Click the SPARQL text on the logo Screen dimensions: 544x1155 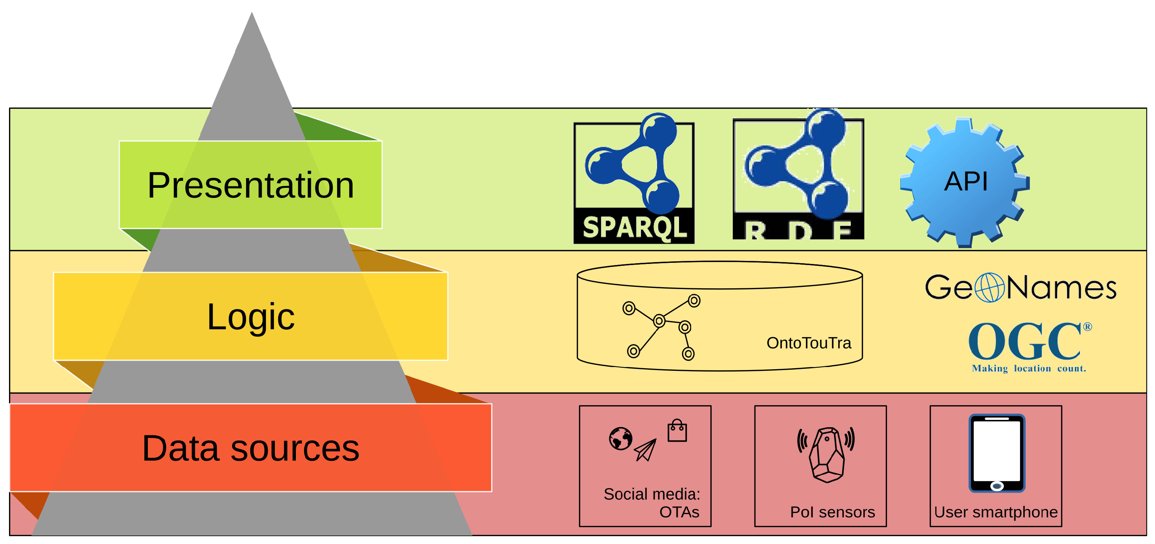tap(634, 227)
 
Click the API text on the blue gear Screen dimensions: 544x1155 tap(966, 181)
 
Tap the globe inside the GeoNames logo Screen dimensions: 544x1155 tap(989, 287)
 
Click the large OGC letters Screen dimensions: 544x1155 tap(1025, 342)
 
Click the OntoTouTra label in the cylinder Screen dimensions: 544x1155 tap(808, 343)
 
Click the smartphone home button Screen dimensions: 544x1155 tap(996, 486)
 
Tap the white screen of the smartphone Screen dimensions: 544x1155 tap(996, 450)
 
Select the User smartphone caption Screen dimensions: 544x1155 tap(996, 512)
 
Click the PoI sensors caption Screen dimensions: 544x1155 tap(832, 512)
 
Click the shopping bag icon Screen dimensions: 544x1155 tap(677, 431)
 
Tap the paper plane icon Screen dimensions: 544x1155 tap(646, 450)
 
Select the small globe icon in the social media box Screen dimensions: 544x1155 tap(621, 438)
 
